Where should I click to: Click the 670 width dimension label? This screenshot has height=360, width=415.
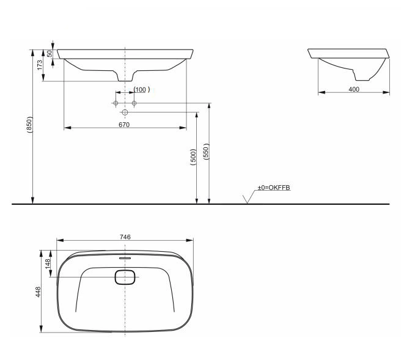click(124, 125)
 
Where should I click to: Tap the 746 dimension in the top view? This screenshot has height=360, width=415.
click(125, 237)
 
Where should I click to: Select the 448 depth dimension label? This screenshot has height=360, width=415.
click(38, 292)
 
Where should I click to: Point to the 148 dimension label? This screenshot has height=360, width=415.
click(48, 264)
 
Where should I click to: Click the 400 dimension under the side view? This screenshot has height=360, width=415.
click(354, 89)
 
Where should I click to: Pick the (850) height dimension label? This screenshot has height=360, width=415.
click(29, 125)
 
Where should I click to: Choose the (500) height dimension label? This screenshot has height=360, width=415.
click(194, 157)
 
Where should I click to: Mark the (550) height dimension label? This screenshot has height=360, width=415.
click(206, 152)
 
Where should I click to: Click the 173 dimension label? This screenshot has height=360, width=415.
click(40, 65)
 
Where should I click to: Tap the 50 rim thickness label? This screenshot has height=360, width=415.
click(50, 54)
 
